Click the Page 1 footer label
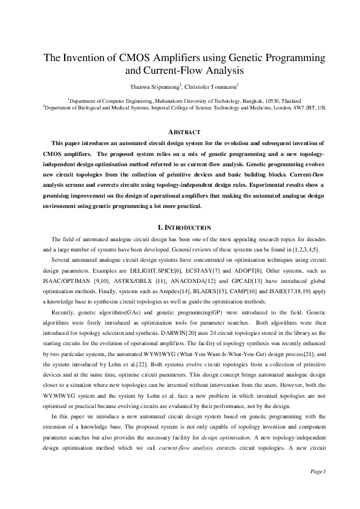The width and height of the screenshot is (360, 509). coord(318,488)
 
